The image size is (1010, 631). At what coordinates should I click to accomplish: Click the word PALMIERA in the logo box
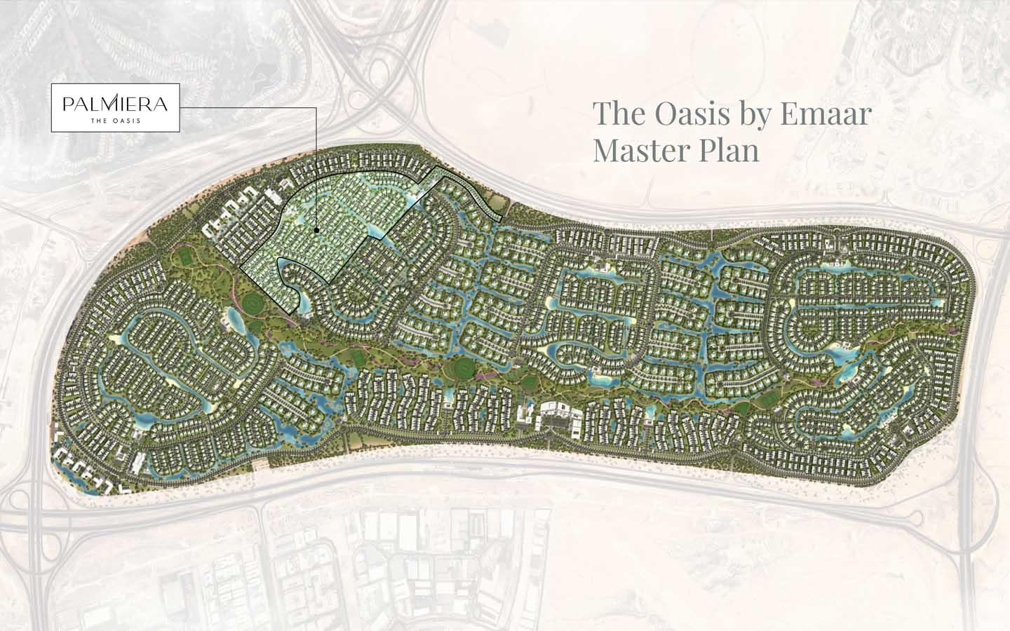point(115,104)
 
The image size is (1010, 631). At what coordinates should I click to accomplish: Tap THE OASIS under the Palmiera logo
point(115,120)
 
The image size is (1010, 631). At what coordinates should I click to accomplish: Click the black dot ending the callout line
point(316,229)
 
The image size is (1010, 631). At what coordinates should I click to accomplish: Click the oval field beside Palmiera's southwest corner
point(252,303)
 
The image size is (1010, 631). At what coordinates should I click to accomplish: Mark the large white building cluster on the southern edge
point(554,415)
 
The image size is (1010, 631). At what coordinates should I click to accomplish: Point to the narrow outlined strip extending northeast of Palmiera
point(470,193)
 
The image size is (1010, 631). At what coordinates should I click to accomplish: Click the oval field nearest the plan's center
point(462,368)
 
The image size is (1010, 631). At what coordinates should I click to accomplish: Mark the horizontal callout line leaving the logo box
point(245,108)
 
